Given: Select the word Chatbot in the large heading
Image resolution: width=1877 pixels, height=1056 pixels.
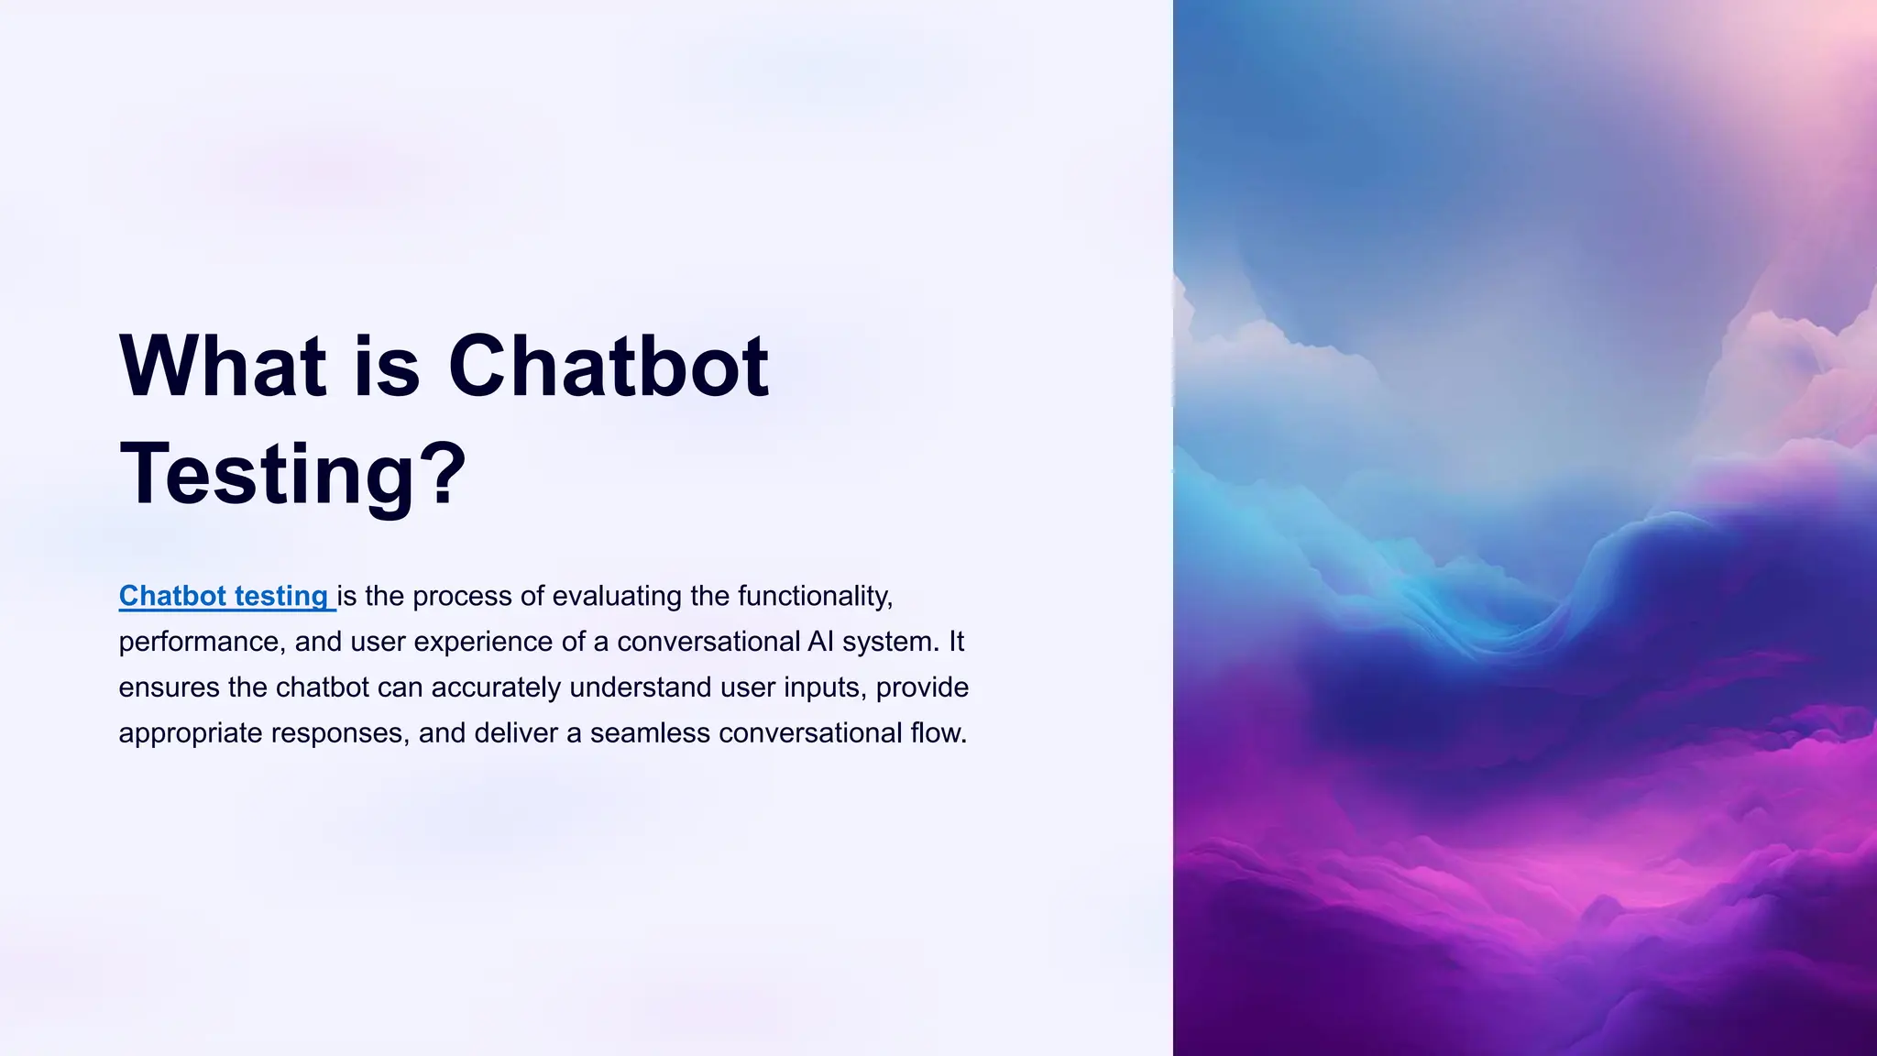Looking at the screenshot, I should (609, 366).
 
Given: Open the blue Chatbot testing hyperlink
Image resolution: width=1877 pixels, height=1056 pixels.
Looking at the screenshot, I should (224, 596).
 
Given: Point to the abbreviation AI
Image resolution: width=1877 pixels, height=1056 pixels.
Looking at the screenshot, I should (820, 642).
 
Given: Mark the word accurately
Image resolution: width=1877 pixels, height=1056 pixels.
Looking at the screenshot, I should (496, 687).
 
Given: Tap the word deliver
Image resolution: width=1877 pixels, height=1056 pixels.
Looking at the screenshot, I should (516, 733).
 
